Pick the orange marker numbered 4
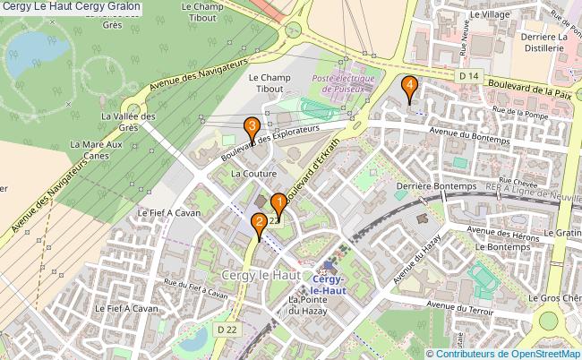coord(409,87)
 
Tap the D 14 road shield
coord(466,76)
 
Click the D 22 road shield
coord(227,330)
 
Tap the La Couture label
coord(251,172)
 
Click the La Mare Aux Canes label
coord(96,150)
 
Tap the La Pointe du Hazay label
coord(305,305)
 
